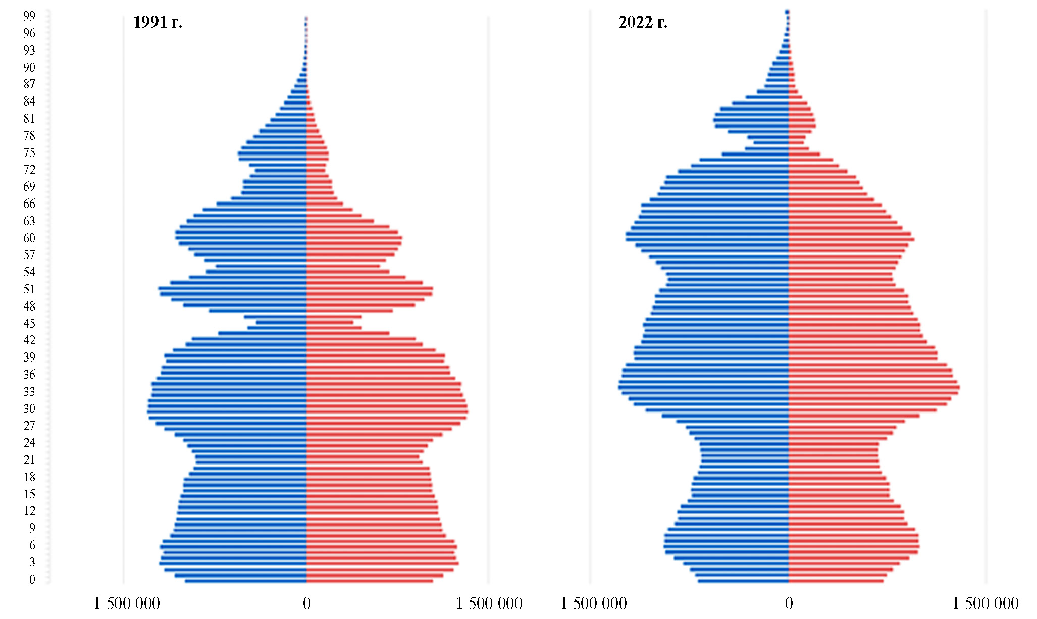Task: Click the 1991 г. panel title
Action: click(158, 22)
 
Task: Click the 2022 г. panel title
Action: click(643, 22)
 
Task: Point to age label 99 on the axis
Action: click(29, 16)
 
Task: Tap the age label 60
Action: click(29, 238)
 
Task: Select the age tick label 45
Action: click(29, 323)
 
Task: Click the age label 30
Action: click(29, 408)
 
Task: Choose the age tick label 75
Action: click(29, 152)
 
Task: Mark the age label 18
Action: click(29, 477)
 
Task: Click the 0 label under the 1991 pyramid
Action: click(306, 603)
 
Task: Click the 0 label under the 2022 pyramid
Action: click(789, 603)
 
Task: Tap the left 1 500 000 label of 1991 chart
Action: click(127, 603)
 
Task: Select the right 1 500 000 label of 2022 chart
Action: click(985, 603)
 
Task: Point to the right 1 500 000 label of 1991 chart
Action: click(489, 603)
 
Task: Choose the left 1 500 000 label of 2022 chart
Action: click(594, 603)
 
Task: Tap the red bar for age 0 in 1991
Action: click(369, 581)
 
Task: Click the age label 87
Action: click(29, 84)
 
